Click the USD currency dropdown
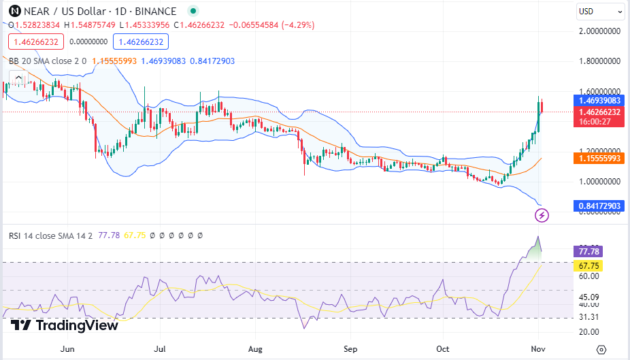point(599,12)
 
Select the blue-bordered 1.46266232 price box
point(141,42)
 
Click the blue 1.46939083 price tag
point(599,100)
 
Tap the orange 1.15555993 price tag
point(599,158)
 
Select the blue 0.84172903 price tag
point(599,206)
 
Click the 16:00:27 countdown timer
point(595,122)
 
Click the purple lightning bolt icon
point(542,216)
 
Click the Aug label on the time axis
point(256,349)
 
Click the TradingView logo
point(65,325)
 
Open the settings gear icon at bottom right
point(601,349)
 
